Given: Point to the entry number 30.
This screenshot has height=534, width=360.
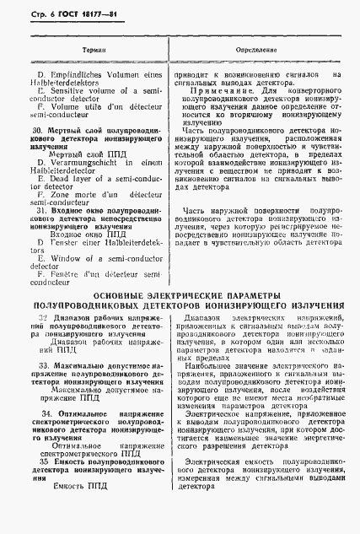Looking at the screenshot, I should point(36,131).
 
